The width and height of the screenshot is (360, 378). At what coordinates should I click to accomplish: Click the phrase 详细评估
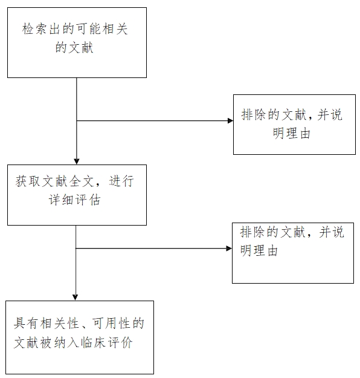pyautogui.click(x=77, y=200)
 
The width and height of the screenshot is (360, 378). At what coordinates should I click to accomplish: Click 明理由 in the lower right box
pyautogui.click(x=259, y=251)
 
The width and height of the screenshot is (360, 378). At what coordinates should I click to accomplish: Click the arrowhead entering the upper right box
pyautogui.click(x=230, y=121)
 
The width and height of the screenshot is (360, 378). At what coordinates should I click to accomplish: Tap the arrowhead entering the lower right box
pyautogui.click(x=228, y=248)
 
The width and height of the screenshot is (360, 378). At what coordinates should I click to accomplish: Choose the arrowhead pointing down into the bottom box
pyautogui.click(x=76, y=297)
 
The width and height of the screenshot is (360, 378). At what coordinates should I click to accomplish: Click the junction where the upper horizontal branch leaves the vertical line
pyautogui.click(x=77, y=121)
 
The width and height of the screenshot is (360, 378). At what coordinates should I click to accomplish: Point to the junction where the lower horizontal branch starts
pyautogui.click(x=76, y=248)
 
